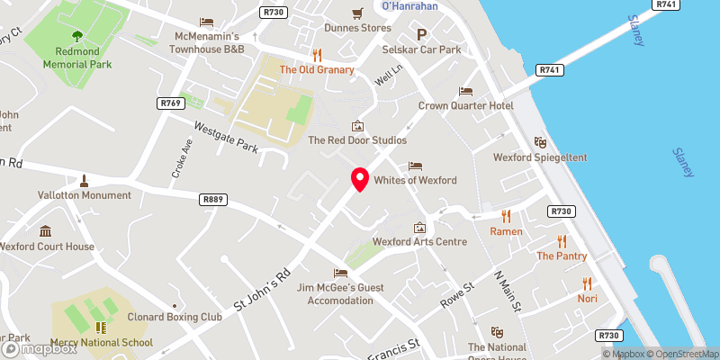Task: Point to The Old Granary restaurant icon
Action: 317,54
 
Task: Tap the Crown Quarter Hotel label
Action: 465,105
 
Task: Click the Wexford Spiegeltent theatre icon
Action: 540,142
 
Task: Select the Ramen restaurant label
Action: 506,231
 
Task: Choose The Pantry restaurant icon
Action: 562,240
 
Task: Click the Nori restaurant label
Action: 587,298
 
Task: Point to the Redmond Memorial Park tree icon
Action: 76,37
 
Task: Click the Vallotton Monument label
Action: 84,194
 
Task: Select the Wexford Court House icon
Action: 45,230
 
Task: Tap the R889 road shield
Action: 212,200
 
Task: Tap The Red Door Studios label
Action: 357,140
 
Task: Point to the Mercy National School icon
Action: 101,328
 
